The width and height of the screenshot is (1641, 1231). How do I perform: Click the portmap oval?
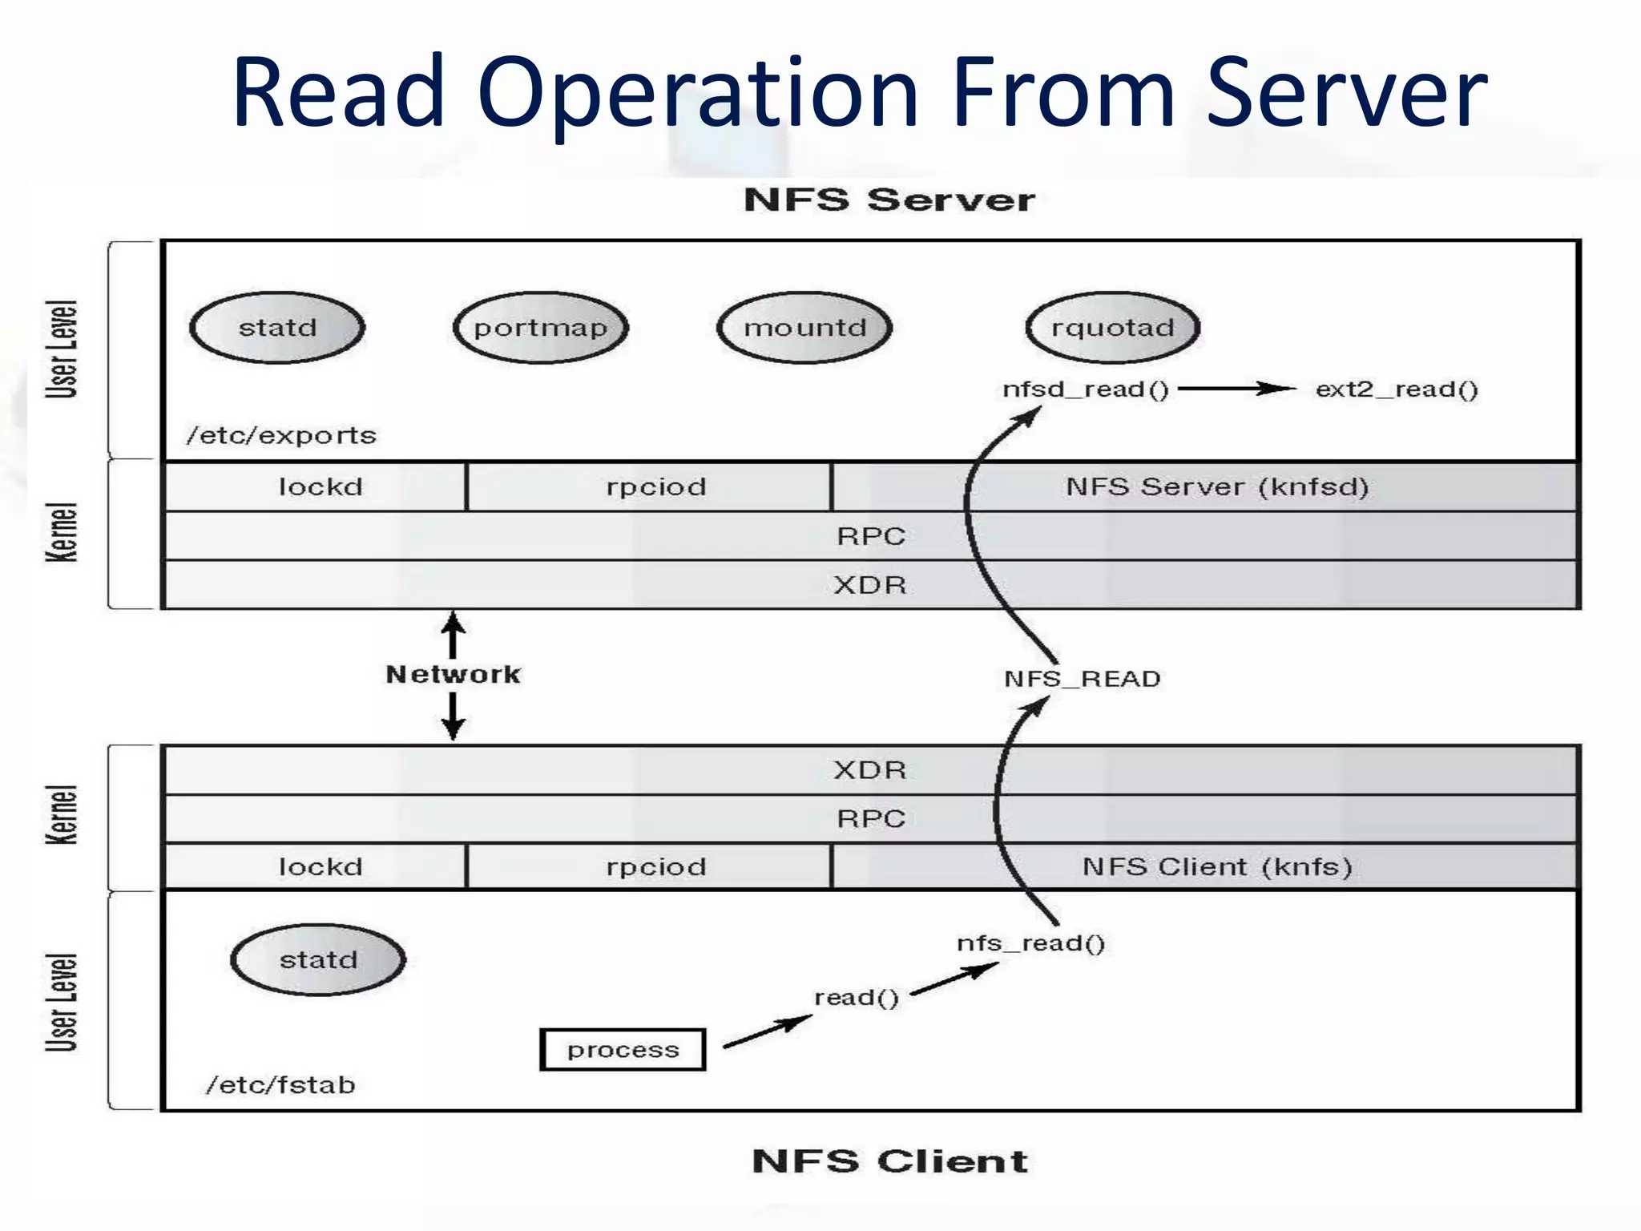pyautogui.click(x=541, y=327)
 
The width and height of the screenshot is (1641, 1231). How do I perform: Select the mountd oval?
pyautogui.click(x=804, y=327)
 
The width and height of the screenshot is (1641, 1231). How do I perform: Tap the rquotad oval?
pyautogui.click(x=1113, y=327)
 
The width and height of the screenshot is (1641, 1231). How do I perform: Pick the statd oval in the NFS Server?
pyautogui.click(x=277, y=327)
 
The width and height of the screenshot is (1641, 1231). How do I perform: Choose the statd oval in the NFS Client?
pyautogui.click(x=318, y=959)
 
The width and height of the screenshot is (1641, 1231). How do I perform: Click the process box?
pyautogui.click(x=623, y=1050)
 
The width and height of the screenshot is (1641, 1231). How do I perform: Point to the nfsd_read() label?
pyautogui.click(x=1086, y=389)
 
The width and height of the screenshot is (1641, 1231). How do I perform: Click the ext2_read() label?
pyautogui.click(x=1397, y=389)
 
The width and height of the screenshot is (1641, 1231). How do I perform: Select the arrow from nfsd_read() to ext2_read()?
pyautogui.click(x=1237, y=389)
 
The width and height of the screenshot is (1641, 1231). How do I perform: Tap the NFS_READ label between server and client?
pyautogui.click(x=1082, y=679)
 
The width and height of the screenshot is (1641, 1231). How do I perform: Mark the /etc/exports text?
pyautogui.click(x=281, y=435)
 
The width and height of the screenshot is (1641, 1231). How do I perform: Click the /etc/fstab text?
pyautogui.click(x=280, y=1084)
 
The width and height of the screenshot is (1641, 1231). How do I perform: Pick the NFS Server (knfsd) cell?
pyautogui.click(x=1205, y=486)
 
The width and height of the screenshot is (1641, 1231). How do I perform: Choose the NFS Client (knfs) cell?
pyautogui.click(x=1205, y=866)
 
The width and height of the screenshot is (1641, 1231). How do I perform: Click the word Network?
pyautogui.click(x=453, y=674)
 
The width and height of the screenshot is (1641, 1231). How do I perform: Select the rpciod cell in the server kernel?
pyautogui.click(x=649, y=486)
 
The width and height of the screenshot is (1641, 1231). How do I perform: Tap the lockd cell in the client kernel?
pyautogui.click(x=315, y=866)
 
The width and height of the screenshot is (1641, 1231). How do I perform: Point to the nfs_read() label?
pyautogui.click(x=1030, y=943)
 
